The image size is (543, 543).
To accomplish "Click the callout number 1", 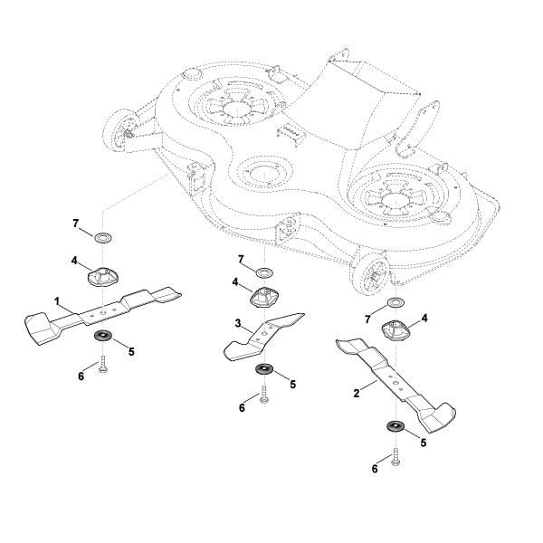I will click(56, 300).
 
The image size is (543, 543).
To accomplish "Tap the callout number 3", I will click(236, 322).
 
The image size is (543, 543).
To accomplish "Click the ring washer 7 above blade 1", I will click(103, 238).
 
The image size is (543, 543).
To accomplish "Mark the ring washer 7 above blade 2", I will click(395, 301).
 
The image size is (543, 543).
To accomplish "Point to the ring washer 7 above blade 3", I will click(263, 272).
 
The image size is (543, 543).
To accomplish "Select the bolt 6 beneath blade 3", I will click(263, 395).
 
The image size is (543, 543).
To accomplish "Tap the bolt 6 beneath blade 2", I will click(396, 456).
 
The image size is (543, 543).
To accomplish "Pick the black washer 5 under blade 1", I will click(102, 338).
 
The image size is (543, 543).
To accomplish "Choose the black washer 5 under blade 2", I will click(395, 427).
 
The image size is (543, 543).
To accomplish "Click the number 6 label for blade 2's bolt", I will click(375, 468).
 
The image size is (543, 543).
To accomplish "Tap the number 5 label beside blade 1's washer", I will click(131, 349).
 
